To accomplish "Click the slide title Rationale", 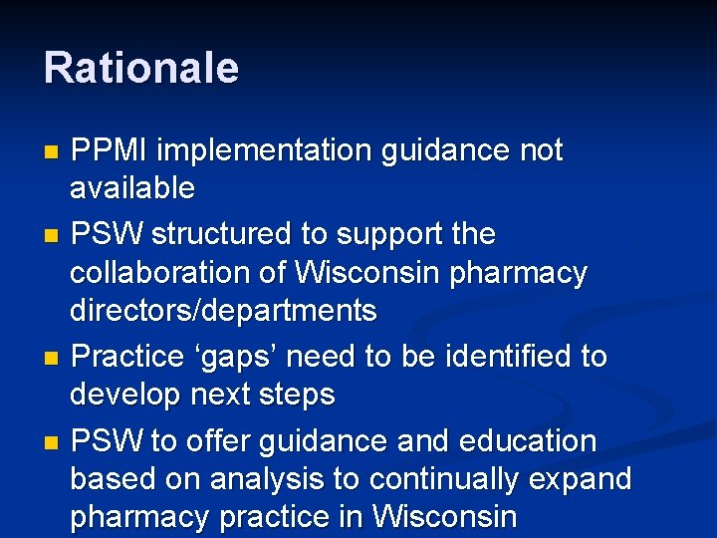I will [x=141, y=68].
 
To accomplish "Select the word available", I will [x=132, y=187].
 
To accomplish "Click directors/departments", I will [x=223, y=311].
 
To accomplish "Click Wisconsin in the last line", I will [x=444, y=518].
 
